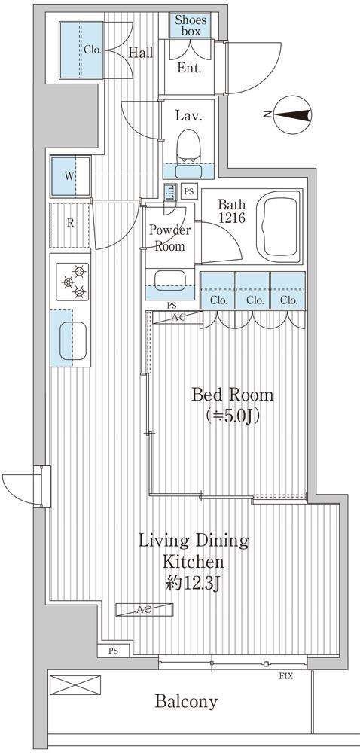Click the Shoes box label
191,26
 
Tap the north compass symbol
292,114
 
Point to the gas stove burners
73,281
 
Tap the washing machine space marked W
70,175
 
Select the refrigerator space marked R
70,224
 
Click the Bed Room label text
232,395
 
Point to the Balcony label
186,702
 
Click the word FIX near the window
286,676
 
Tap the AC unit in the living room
144,610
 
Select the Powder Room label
169,238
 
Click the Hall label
140,53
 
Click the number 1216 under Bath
232,218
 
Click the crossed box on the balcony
75,684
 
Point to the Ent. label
189,68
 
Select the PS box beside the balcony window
113,651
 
